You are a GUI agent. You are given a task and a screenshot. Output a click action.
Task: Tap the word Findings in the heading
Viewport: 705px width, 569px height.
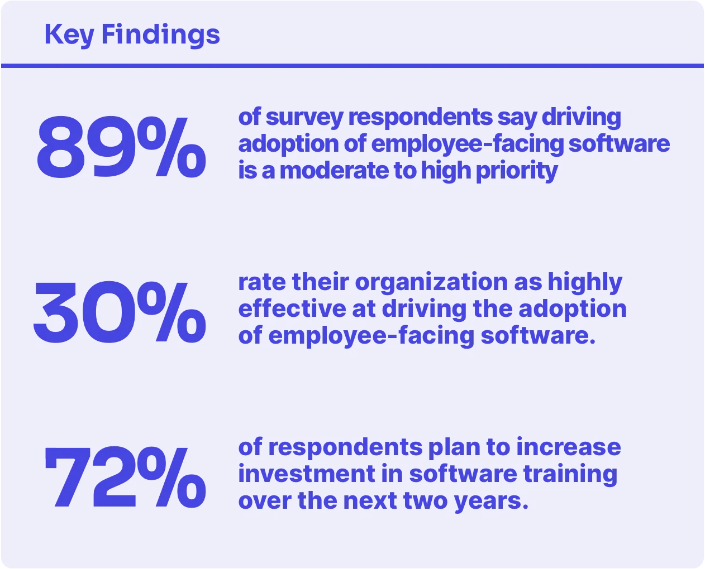(161, 35)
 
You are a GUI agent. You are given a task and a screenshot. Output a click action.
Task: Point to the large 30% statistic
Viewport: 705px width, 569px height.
(119, 313)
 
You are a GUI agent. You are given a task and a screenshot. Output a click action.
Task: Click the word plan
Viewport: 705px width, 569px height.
(452, 448)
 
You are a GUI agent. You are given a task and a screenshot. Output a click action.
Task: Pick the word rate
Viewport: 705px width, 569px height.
(261, 282)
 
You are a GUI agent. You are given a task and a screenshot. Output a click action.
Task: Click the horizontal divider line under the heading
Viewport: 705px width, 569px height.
(352, 66)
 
